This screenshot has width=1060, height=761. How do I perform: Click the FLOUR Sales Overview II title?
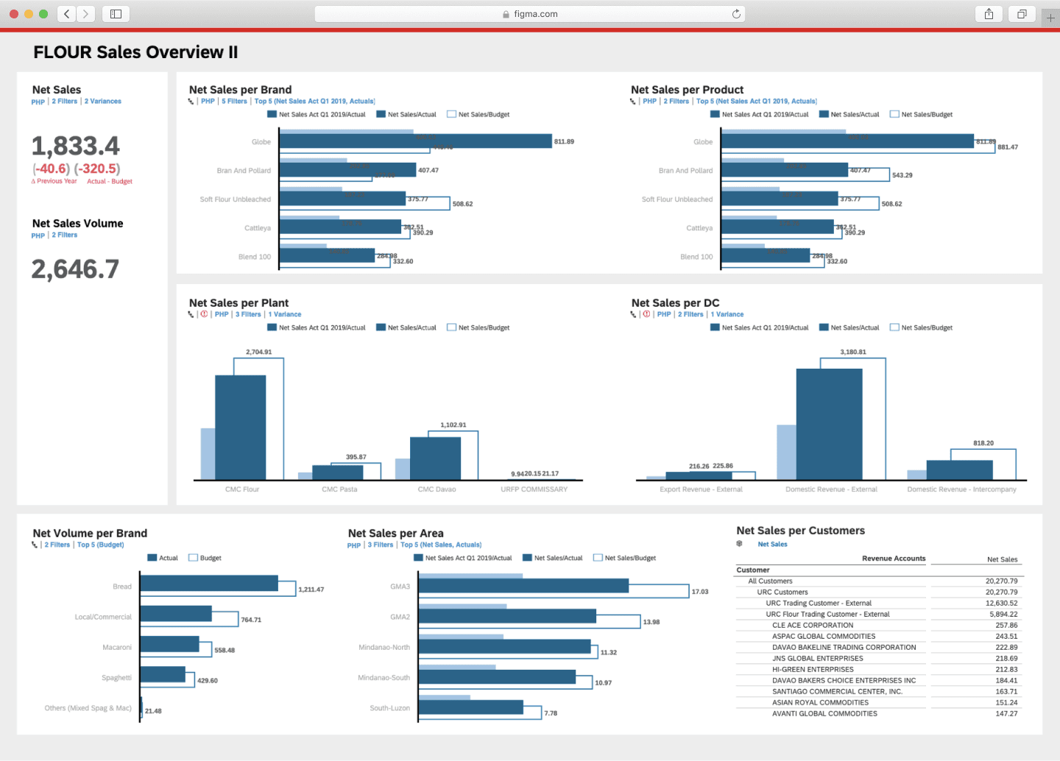pyautogui.click(x=135, y=52)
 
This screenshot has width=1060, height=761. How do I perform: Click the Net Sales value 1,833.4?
pyautogui.click(x=75, y=146)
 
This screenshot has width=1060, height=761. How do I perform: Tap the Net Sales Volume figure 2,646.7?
pyautogui.click(x=75, y=269)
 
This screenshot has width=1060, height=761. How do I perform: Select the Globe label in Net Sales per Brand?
pyautogui.click(x=261, y=142)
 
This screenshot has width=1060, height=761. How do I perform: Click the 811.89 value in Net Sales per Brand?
pyautogui.click(x=564, y=141)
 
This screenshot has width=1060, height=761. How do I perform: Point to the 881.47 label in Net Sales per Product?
pyautogui.click(x=1008, y=147)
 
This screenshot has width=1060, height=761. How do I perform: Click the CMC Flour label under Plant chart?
pyautogui.click(x=242, y=489)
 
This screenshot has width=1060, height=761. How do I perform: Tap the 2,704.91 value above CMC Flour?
pyautogui.click(x=258, y=353)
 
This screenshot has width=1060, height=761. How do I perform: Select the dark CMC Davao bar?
pyautogui.click(x=435, y=459)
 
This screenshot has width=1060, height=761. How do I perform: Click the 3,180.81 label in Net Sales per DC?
pyautogui.click(x=853, y=353)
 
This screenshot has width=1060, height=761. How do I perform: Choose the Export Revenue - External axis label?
pyautogui.click(x=701, y=489)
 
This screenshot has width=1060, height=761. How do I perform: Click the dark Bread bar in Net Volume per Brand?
pyautogui.click(x=208, y=584)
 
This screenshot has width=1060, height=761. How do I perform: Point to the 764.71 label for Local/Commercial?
pyautogui.click(x=251, y=620)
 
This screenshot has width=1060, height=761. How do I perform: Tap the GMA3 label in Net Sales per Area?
pyautogui.click(x=400, y=587)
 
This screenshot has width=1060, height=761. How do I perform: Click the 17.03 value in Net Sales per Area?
pyautogui.click(x=699, y=592)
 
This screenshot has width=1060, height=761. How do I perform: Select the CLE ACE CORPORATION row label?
pyautogui.click(x=813, y=626)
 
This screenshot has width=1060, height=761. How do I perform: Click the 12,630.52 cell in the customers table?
pyautogui.click(x=1001, y=604)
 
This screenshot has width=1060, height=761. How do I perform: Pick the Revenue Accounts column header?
pyautogui.click(x=894, y=559)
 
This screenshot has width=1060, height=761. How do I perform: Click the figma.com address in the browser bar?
pyautogui.click(x=535, y=14)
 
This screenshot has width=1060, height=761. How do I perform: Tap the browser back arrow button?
pyautogui.click(x=67, y=14)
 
